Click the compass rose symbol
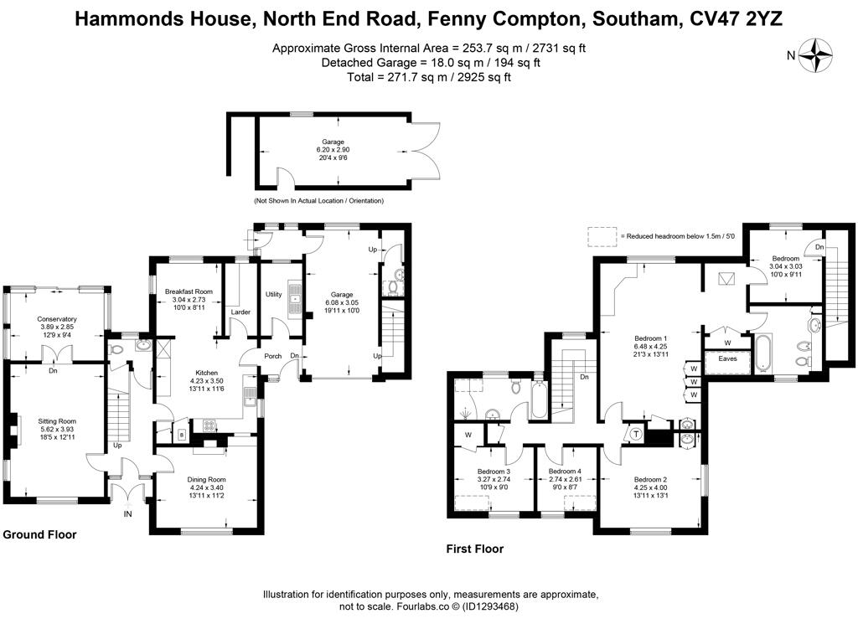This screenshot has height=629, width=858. coord(815,55)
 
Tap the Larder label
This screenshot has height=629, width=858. coord(240,312)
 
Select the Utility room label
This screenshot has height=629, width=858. coord(274,294)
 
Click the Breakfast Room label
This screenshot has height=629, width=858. coord(189,291)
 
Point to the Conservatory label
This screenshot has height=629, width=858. coord(57,319)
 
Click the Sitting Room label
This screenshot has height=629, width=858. coord(57,421)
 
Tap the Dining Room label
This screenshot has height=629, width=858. coord(206,480)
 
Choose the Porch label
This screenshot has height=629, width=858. coord(273,356)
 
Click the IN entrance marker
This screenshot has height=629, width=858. coord(127,513)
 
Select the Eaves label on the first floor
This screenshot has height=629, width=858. coord(728,358)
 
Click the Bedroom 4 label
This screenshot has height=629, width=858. coord(565,471)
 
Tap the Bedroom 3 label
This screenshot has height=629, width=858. coord(494,472)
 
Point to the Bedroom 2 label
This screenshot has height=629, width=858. coord(650,480)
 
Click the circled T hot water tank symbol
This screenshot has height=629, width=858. coord(637,434)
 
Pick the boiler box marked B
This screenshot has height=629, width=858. coord(182,435)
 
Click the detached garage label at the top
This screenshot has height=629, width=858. coord(333,142)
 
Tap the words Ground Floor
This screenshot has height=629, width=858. coord(39,534)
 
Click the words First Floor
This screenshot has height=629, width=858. coord(474,549)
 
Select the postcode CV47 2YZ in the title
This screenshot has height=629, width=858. coord(736,18)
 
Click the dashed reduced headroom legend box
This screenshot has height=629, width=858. coord(602,237)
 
